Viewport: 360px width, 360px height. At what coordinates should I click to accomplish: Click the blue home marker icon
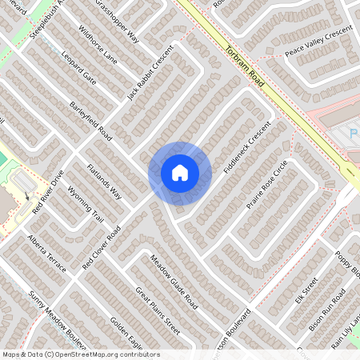pos(180,173)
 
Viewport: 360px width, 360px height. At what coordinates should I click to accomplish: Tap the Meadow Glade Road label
pos(174,282)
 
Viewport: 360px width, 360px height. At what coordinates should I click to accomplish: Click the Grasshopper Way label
pos(117,22)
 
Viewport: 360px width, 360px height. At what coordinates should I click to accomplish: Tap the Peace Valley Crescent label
pos(319,44)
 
